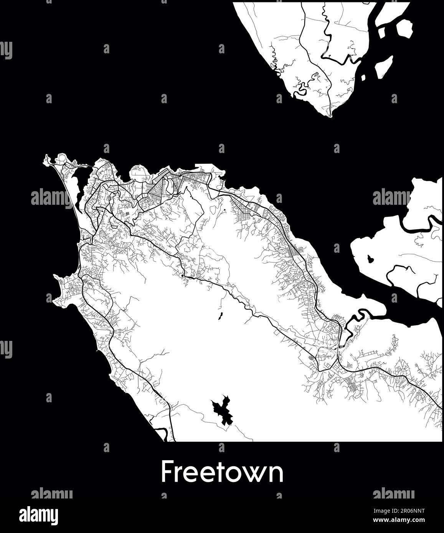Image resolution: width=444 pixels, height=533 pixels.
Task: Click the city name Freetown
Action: click(222, 472)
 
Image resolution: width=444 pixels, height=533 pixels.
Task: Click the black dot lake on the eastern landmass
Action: click(371, 259)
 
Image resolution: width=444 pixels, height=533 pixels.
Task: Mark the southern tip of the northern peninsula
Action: click(330, 115)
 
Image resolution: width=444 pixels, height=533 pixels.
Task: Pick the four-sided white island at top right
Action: click(404, 29)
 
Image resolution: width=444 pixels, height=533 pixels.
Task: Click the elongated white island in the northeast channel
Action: click(383, 66)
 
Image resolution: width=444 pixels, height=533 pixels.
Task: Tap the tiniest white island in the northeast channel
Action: click(363, 78)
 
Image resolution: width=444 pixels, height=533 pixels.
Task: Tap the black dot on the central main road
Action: click(182, 275)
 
